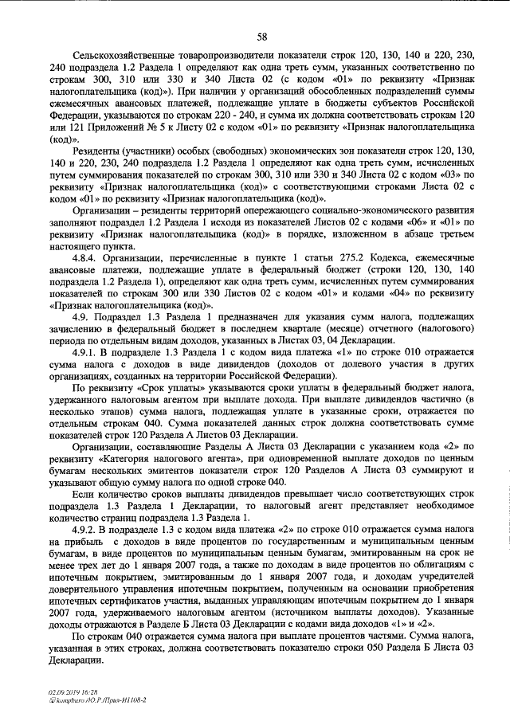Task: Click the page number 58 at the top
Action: [261, 36]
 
